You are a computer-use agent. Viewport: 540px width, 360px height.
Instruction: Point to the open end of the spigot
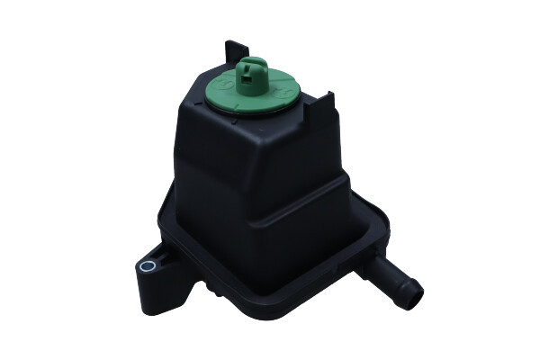[x=414, y=291]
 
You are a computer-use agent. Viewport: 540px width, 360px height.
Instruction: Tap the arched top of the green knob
[x=253, y=63]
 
